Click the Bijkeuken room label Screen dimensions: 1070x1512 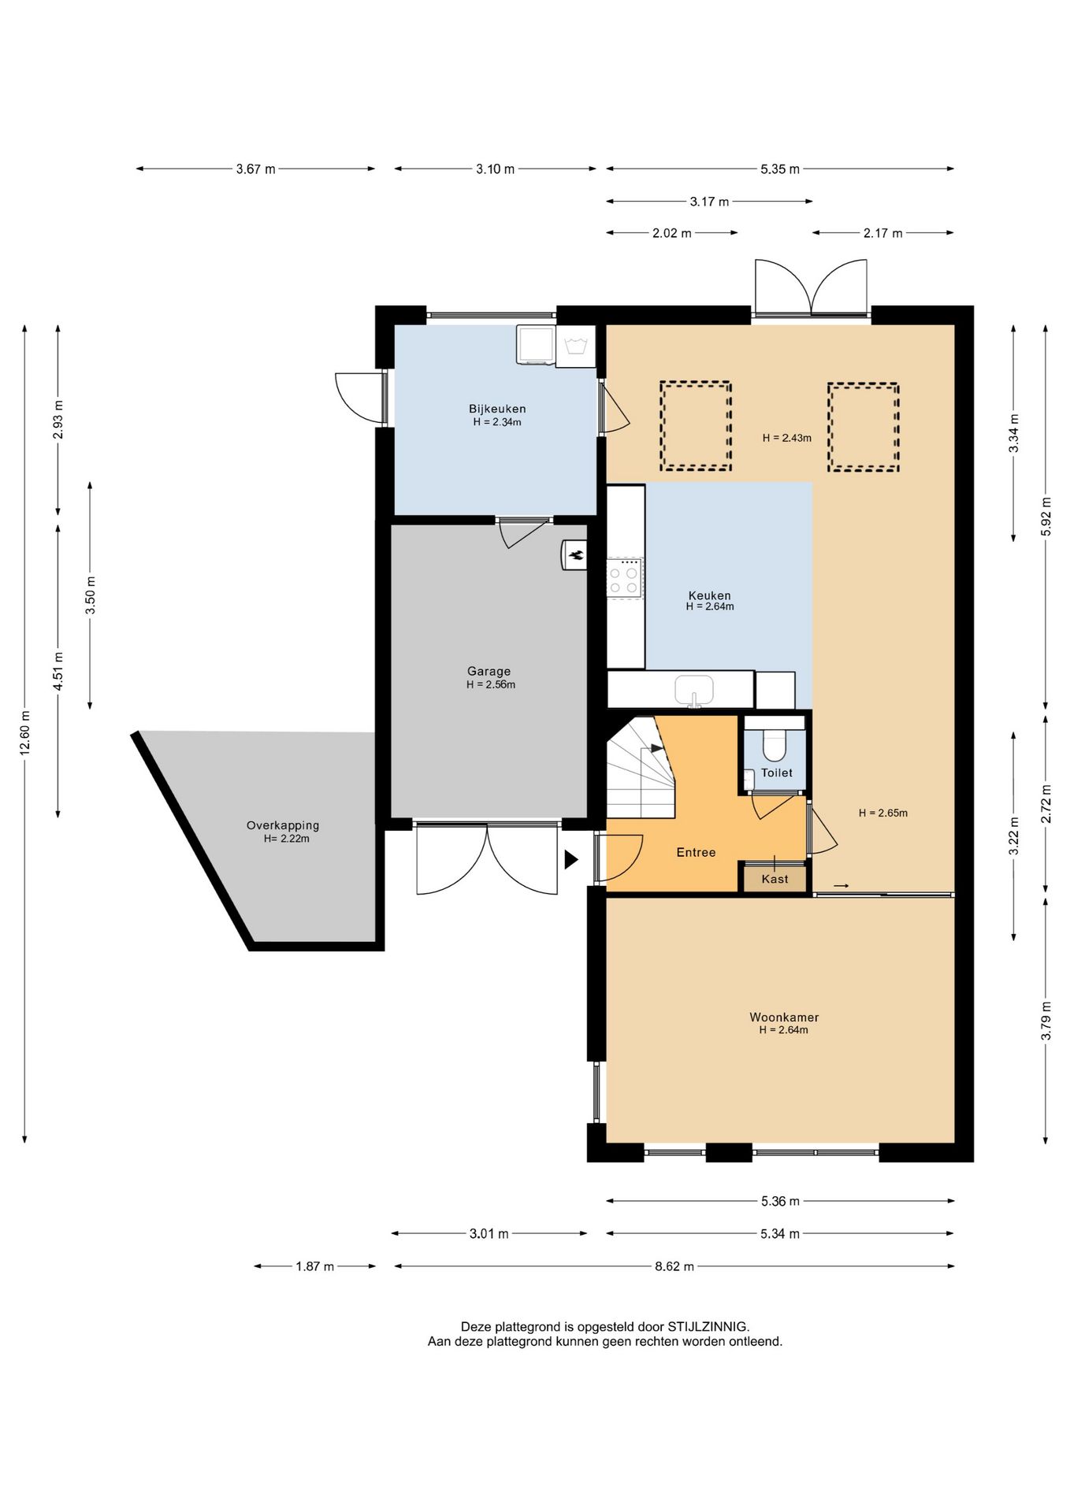pyautogui.click(x=497, y=409)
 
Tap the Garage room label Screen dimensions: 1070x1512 pyautogui.click(x=489, y=671)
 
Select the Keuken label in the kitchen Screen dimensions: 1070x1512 pyautogui.click(x=709, y=595)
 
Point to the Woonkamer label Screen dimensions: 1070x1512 pyautogui.click(x=783, y=1017)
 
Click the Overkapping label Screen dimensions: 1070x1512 pyautogui.click(x=283, y=825)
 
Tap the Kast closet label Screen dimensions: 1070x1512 pyautogui.click(x=775, y=879)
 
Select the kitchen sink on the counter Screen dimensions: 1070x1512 pyautogui.click(x=694, y=691)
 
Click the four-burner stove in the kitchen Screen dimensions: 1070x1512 pyautogui.click(x=625, y=578)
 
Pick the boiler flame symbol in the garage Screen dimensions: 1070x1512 pyautogui.click(x=575, y=555)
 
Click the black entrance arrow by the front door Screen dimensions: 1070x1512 pyautogui.click(x=571, y=860)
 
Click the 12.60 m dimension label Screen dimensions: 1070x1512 pyautogui.click(x=25, y=732)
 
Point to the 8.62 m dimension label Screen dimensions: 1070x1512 pyautogui.click(x=674, y=1266)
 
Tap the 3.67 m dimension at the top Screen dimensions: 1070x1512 pyautogui.click(x=255, y=169)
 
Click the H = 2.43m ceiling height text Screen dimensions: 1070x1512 pyautogui.click(x=786, y=438)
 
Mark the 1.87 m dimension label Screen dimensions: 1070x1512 pyautogui.click(x=315, y=1266)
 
